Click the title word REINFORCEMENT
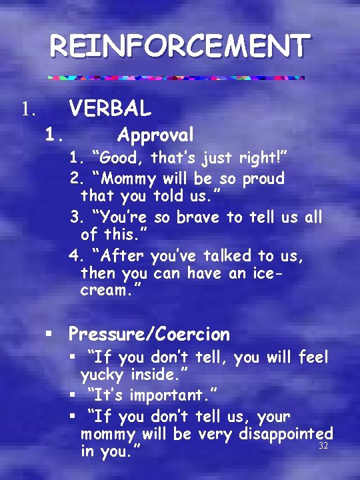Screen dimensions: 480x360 point(180,47)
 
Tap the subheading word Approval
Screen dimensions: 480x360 point(155,135)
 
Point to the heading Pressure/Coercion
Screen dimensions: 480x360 point(149,334)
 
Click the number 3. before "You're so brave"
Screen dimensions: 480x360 point(75,218)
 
